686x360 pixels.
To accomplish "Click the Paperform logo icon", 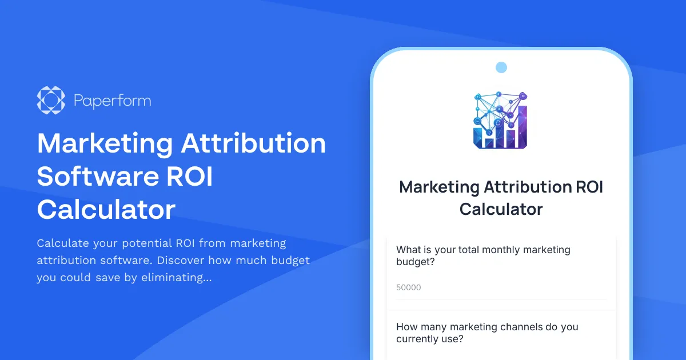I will [51, 101].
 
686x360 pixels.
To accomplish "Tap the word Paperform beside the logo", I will [113, 101].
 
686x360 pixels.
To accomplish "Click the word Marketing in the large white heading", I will [104, 143].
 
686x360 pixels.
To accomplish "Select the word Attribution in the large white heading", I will [253, 143].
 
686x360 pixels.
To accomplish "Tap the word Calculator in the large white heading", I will [106, 210].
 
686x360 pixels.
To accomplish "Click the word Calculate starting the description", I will [63, 243].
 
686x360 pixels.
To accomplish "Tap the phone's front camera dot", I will [501, 67].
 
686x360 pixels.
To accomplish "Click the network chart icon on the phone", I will [501, 120].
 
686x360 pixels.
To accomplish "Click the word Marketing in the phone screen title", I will [439, 187].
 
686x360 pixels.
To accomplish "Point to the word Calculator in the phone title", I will [501, 209].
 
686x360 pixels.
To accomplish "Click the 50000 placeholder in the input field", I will [408, 287].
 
